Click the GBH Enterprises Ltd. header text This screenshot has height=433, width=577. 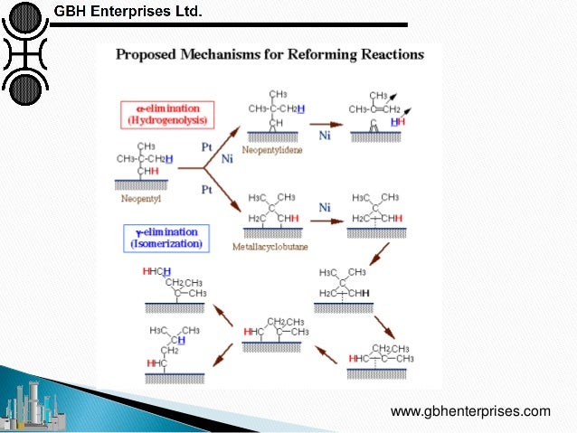pos(128,12)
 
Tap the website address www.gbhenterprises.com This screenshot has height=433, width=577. pos(470,411)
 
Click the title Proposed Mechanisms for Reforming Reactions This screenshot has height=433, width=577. pos(269,54)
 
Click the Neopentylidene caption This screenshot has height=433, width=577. pos(275,150)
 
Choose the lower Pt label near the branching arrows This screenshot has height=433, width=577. pos(205,191)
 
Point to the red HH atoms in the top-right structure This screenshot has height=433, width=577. pos(397,121)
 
